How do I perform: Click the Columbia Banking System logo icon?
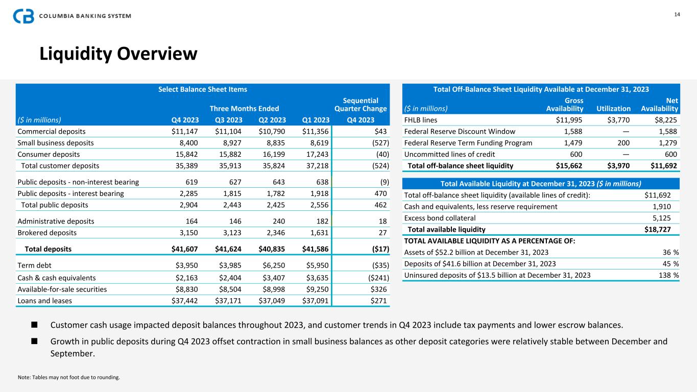pyautogui.click(x=23, y=16)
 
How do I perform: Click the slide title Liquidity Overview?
pyautogui.click(x=118, y=54)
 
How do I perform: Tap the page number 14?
pyautogui.click(x=677, y=14)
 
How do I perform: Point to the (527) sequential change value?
pyautogui.click(x=379, y=143)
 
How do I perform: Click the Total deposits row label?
pyautogui.click(x=49, y=249)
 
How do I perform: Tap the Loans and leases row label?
pyautogui.click(x=45, y=301)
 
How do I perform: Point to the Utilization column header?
pyautogui.click(x=613, y=109)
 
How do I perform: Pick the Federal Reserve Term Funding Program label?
pyautogui.click(x=468, y=143)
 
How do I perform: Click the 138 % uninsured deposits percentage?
pyautogui.click(x=666, y=275)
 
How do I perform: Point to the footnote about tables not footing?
pyautogui.click(x=69, y=378)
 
